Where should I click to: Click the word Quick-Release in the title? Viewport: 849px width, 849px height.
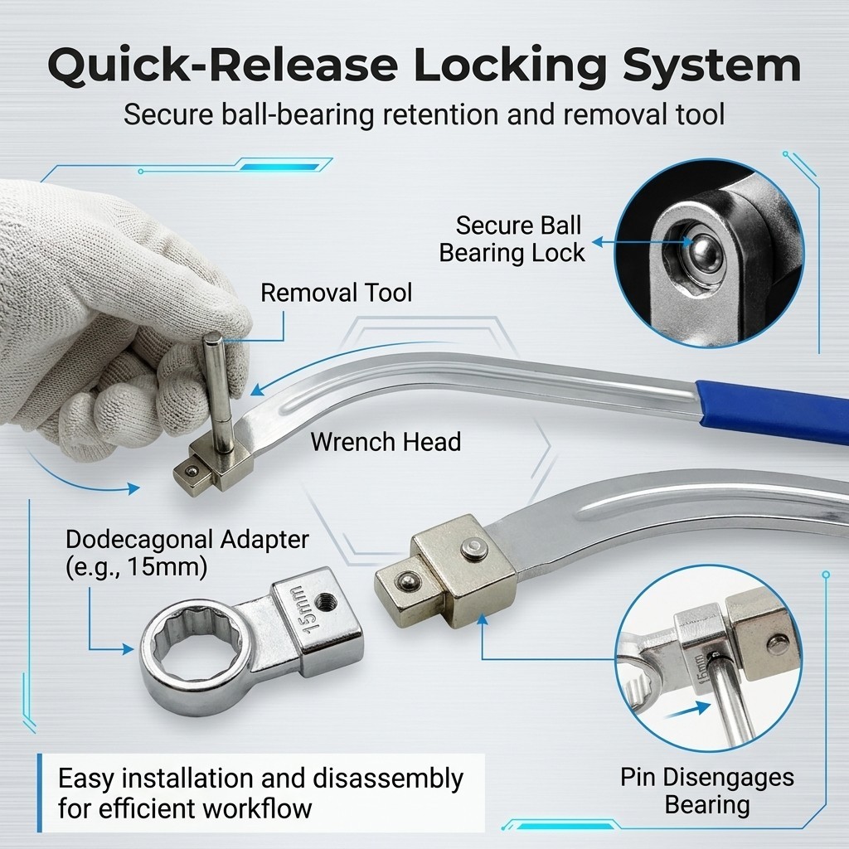coord(223,66)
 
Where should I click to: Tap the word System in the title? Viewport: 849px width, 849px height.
coord(711,66)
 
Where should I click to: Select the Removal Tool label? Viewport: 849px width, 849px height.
coord(337,293)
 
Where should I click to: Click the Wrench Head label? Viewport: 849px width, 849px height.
coord(386,442)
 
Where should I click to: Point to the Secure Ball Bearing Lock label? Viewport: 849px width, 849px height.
coord(512,239)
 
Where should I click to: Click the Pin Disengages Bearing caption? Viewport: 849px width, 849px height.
coord(707,791)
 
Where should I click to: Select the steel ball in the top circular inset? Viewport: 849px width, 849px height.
coord(704,252)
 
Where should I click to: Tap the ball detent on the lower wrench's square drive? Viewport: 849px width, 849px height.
coord(405,582)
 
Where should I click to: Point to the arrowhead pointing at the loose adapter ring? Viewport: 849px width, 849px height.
coord(129,648)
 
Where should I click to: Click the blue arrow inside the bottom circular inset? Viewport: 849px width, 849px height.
coord(687,711)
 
